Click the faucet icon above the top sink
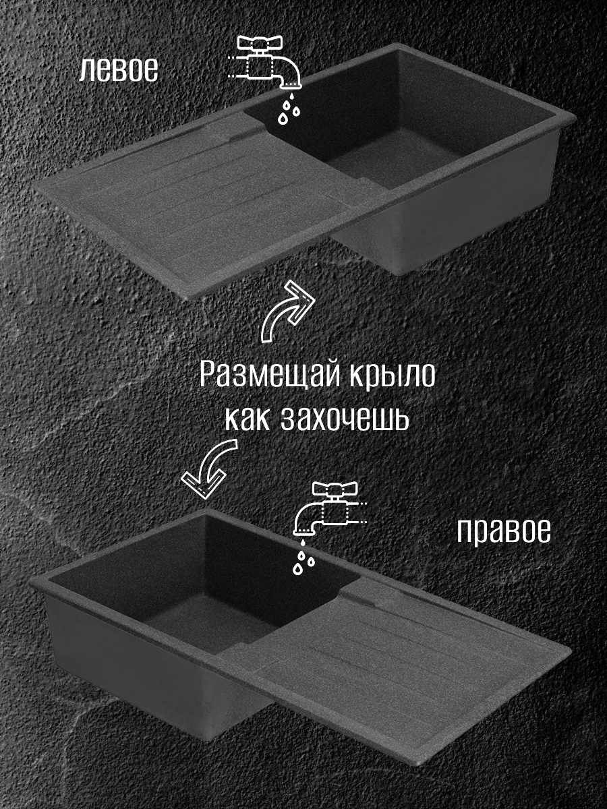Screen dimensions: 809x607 [266, 64]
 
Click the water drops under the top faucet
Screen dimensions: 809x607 [289, 110]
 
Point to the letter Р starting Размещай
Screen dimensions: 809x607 [209, 375]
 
